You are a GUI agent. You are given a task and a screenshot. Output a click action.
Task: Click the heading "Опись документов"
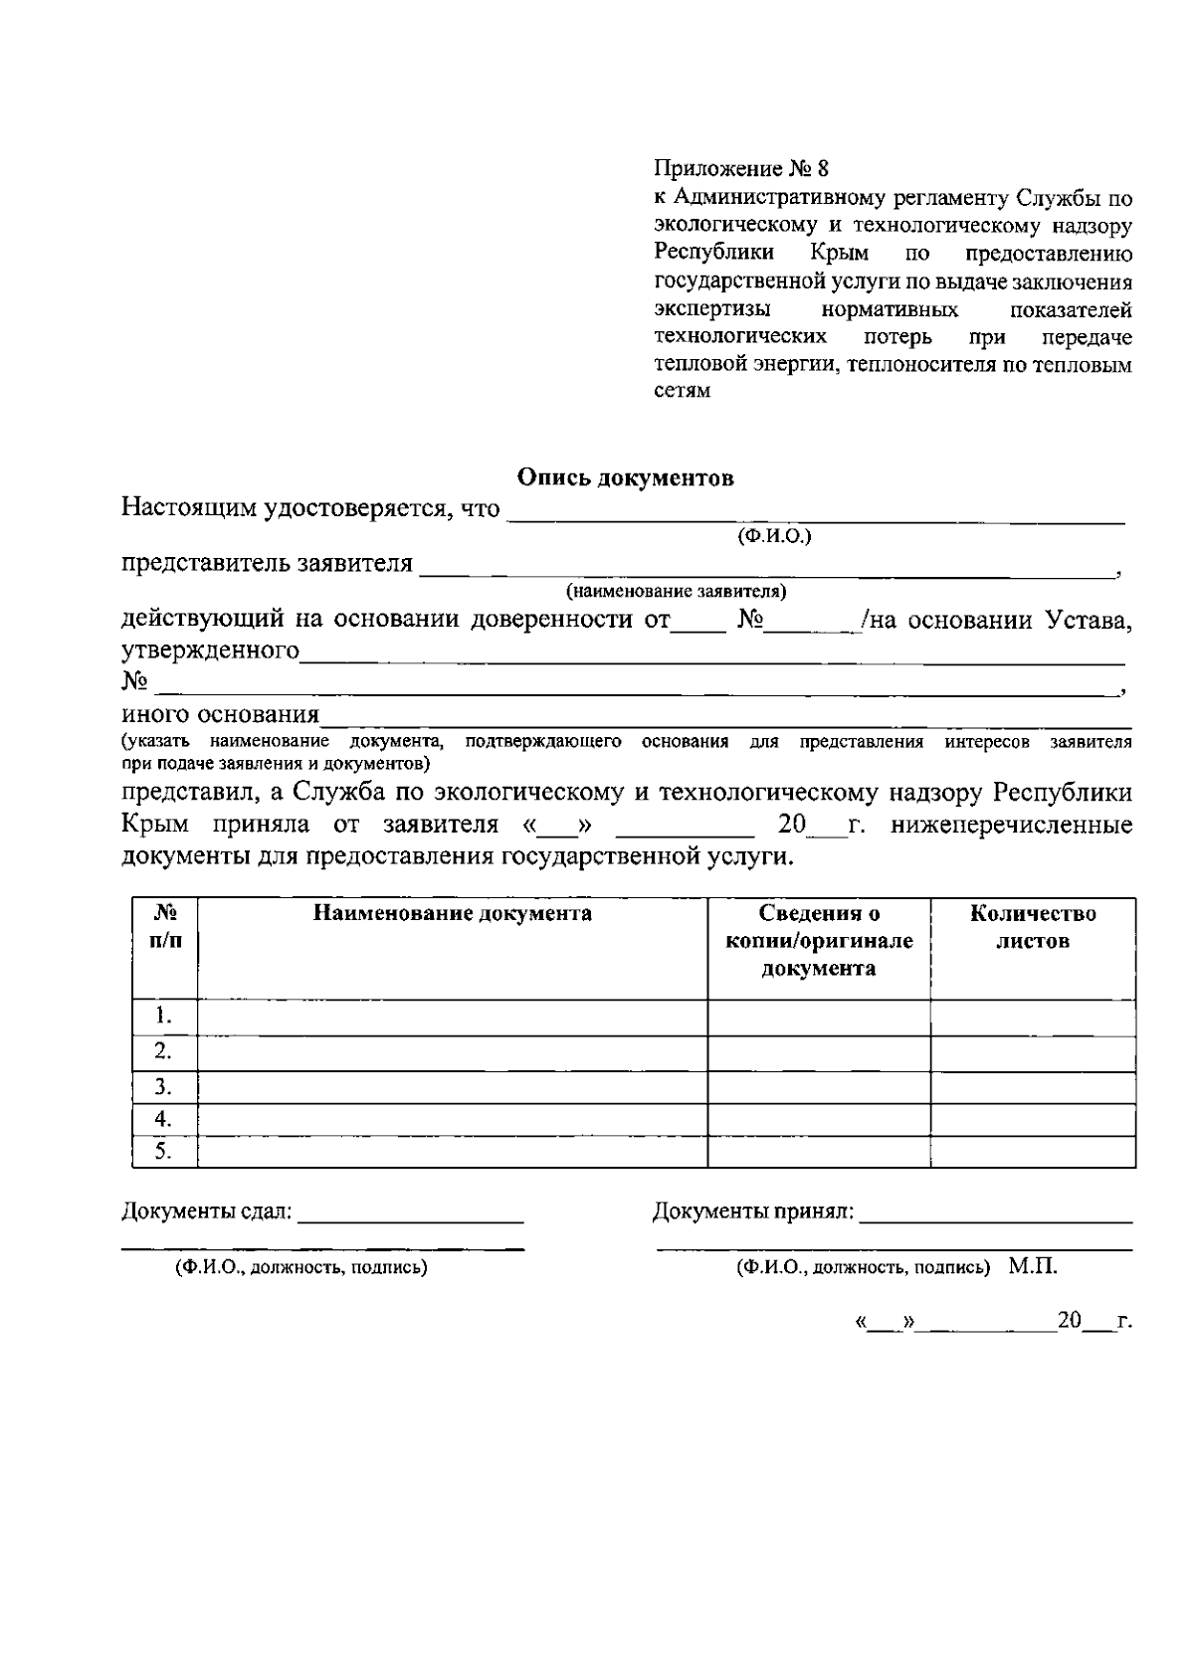625,477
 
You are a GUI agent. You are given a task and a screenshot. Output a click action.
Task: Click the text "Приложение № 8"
741,168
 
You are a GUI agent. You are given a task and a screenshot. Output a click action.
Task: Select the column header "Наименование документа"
452,914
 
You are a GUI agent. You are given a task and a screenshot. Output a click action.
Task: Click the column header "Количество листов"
1033,927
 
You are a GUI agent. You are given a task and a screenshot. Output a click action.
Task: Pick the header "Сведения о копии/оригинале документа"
819,941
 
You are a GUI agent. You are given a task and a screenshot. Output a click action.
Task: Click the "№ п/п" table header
165,927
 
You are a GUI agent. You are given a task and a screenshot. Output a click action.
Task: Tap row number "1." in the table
164,1017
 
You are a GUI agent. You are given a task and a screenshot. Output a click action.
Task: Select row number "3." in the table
164,1086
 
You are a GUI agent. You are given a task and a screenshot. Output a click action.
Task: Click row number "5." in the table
164,1152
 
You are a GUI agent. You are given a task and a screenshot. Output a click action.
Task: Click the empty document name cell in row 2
452,1052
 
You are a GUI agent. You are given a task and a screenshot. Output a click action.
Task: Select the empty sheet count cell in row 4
1033,1120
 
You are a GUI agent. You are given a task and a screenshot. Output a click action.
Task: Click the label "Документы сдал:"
207,1212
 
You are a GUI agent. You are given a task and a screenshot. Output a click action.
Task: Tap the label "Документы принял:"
753,1212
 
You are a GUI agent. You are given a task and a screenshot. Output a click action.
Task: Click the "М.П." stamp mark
1032,1267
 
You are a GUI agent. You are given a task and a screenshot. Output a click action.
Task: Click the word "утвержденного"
210,652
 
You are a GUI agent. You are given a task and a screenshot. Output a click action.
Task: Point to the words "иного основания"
220,714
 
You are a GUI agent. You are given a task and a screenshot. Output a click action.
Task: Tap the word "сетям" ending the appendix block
683,391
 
